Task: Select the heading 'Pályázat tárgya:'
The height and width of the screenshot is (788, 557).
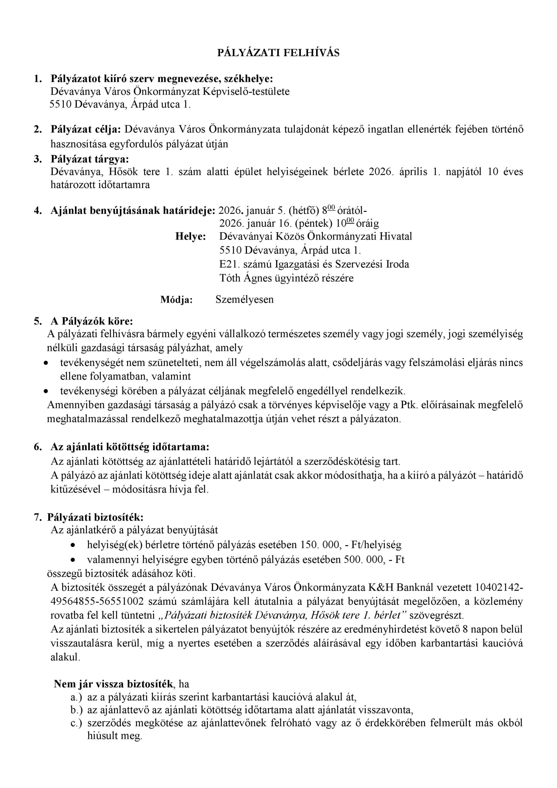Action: (90, 159)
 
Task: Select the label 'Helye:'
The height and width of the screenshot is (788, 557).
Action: (191, 237)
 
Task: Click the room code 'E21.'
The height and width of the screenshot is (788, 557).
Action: (226, 264)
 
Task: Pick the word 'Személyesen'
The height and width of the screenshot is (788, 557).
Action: (245, 300)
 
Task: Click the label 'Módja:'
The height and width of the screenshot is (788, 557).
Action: (177, 300)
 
